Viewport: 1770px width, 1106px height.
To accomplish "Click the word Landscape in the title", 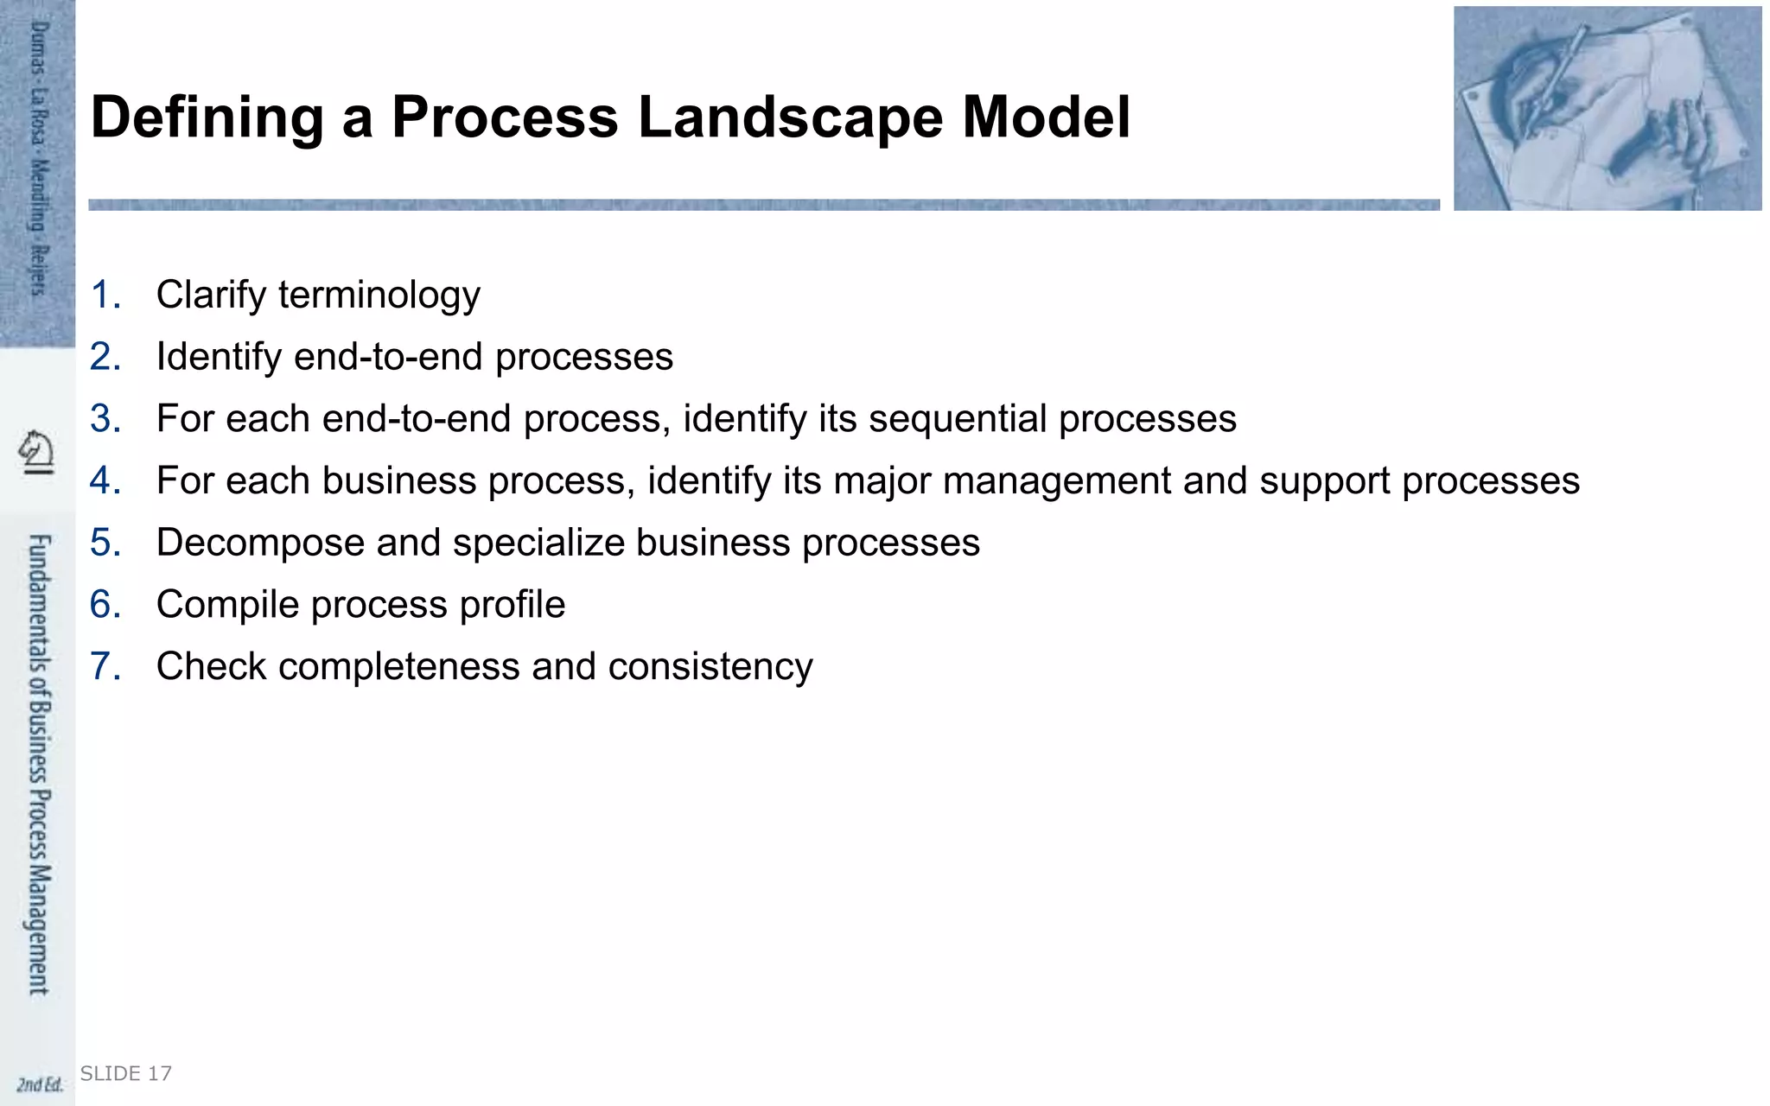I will click(x=790, y=117).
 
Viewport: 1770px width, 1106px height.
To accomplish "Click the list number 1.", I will click(x=105, y=295).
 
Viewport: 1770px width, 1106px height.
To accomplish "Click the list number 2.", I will click(x=105, y=357).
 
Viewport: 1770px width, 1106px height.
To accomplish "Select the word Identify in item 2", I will click(x=219, y=358).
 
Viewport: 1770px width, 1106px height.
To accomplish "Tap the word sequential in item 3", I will click(x=958, y=420).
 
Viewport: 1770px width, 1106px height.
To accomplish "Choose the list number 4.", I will click(x=105, y=481).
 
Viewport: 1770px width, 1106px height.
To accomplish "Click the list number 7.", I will click(x=105, y=667).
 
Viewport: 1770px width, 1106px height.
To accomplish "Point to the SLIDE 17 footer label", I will click(x=126, y=1074).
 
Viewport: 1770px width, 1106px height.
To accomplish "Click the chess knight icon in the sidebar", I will click(x=36, y=451).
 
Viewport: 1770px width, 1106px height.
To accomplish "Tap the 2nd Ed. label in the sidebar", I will click(x=40, y=1084).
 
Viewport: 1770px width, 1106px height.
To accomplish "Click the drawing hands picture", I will click(x=1607, y=108).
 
